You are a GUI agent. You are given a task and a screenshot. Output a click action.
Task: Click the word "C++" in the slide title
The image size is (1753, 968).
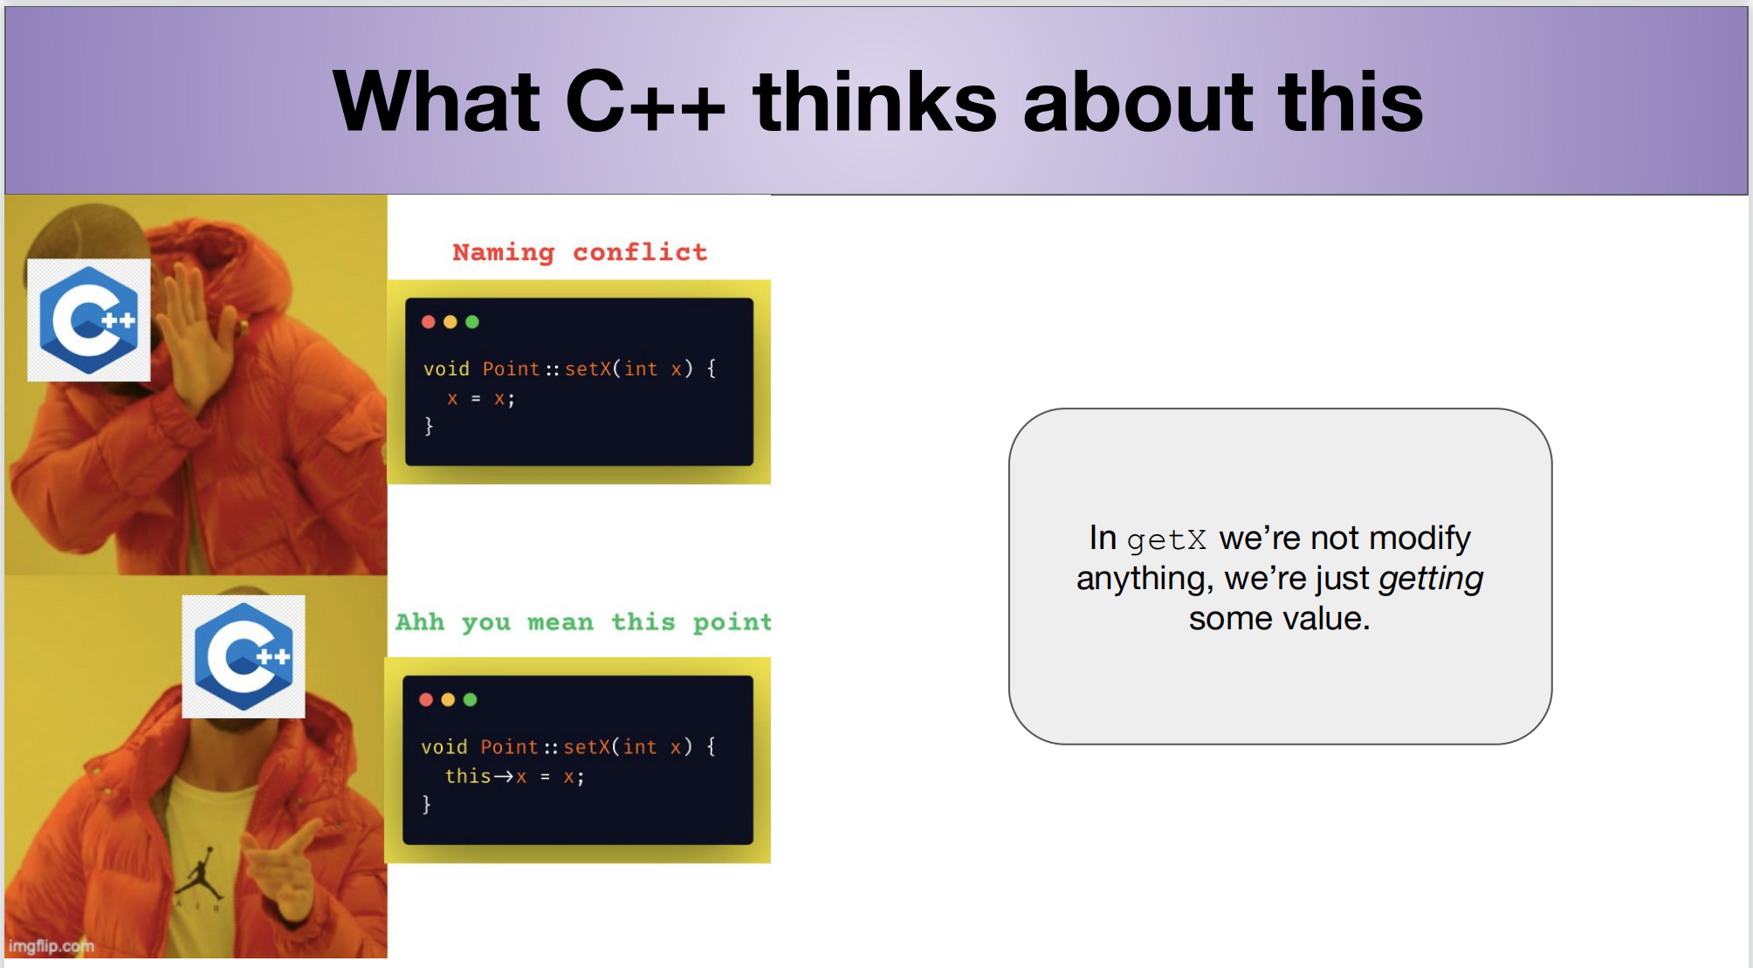pos(645,101)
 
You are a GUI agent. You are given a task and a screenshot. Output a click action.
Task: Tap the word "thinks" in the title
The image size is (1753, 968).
pos(875,101)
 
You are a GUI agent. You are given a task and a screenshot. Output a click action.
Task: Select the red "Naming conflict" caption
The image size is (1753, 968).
pos(580,252)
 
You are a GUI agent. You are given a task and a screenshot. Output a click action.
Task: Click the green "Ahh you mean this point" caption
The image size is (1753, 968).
pos(583,621)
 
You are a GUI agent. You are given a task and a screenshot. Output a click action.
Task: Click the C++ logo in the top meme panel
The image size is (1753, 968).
pos(89,320)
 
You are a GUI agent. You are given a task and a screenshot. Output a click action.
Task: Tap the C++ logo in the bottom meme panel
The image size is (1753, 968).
pos(244,656)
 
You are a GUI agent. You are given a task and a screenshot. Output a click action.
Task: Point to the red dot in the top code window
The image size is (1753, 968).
pos(428,322)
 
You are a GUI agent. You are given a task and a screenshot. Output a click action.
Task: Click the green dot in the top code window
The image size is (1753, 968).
pos(472,322)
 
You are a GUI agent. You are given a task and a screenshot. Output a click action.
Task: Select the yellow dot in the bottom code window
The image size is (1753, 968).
pos(448,699)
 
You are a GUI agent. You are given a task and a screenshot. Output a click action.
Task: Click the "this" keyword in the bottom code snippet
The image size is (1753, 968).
pos(468,776)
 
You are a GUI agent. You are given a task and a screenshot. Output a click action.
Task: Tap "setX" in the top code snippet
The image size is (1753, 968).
pos(588,368)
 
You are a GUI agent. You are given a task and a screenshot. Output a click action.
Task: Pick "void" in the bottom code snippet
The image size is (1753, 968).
pos(444,747)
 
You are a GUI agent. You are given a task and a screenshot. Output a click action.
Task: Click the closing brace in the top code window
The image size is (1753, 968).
pos(429,426)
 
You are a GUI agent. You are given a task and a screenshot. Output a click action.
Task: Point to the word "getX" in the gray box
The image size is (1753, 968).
pos(1166,540)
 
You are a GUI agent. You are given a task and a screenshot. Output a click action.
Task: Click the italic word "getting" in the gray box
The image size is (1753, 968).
pos(1431,579)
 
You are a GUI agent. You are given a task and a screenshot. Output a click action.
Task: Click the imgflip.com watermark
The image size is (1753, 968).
pos(52,945)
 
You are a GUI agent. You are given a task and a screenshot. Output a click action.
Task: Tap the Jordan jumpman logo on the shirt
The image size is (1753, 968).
pos(200,875)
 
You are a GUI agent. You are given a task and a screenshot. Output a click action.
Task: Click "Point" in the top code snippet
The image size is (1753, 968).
pos(511,368)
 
